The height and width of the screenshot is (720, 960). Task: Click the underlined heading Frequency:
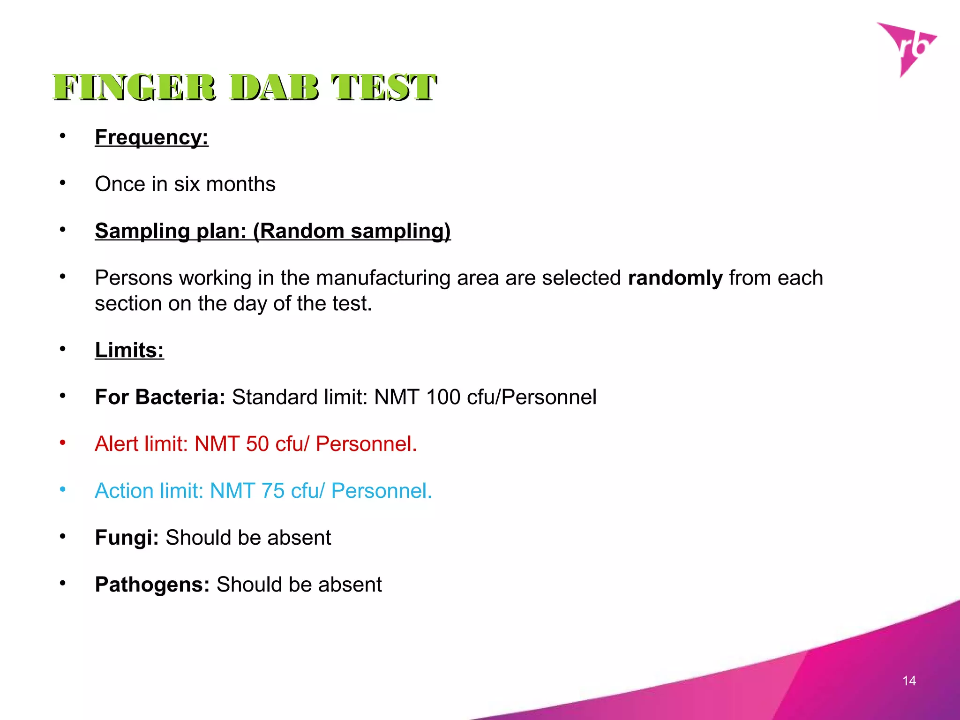(151, 137)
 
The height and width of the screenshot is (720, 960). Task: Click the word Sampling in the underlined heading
(142, 231)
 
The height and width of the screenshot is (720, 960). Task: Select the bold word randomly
(675, 278)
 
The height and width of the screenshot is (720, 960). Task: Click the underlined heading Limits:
(129, 350)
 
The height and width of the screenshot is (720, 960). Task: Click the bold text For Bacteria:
(160, 397)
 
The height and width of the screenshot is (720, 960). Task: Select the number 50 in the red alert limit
(257, 444)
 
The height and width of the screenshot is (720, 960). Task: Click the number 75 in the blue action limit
(273, 491)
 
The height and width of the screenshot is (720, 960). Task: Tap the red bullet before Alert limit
(63, 442)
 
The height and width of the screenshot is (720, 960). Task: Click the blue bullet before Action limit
(63, 489)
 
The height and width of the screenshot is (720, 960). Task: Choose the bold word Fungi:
(127, 538)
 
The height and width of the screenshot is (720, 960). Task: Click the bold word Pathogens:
(152, 585)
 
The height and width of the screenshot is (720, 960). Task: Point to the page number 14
(909, 681)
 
